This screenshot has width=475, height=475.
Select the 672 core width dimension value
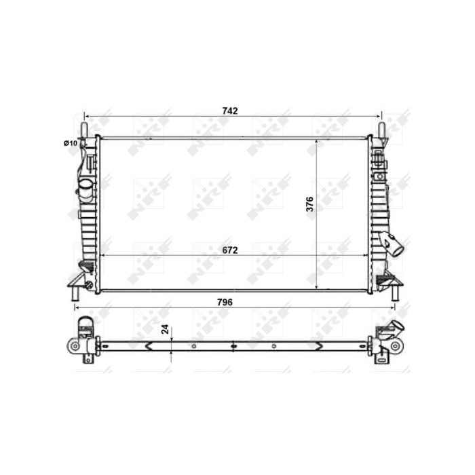(x=230, y=250)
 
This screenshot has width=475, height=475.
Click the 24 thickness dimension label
(x=165, y=330)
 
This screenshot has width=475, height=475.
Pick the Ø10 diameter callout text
(x=70, y=142)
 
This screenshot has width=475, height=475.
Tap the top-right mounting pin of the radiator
(x=382, y=128)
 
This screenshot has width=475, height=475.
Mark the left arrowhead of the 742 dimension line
(x=87, y=116)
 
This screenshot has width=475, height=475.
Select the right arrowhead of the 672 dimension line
(x=366, y=255)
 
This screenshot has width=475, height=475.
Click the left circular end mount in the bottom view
(x=73, y=346)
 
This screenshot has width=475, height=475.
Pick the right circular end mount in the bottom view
(x=395, y=346)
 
